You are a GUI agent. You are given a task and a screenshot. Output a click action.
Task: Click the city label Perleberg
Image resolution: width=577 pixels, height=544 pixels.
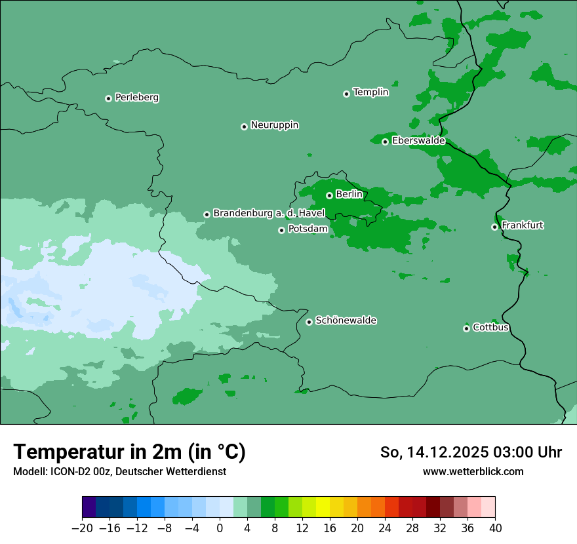click(136, 98)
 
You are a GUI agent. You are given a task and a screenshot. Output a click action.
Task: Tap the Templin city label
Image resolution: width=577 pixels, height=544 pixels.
click(370, 92)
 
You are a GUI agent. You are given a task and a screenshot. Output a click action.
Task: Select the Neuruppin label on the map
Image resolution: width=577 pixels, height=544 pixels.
click(274, 125)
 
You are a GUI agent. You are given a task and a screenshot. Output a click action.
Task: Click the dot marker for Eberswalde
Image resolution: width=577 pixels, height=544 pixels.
click(385, 142)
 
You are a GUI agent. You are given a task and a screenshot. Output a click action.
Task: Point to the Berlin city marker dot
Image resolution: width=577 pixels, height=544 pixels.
click(329, 195)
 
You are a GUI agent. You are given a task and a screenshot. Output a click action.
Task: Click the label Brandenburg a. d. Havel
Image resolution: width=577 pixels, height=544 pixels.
click(269, 214)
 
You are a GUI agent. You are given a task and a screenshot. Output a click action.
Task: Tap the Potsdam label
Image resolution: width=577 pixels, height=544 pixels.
click(308, 229)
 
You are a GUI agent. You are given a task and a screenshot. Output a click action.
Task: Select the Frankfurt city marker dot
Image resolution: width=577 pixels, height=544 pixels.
click(494, 227)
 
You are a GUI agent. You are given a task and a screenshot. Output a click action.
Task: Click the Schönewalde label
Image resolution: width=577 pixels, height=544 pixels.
click(346, 321)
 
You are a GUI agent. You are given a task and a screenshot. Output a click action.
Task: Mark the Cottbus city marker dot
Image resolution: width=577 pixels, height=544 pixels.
click(466, 328)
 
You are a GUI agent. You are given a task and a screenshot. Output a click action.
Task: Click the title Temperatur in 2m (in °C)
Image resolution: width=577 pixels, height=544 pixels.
click(129, 452)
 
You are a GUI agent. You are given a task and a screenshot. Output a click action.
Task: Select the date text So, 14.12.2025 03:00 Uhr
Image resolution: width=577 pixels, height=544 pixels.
click(471, 452)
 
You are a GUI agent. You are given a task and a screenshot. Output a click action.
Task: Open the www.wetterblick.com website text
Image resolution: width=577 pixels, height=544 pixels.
click(473, 471)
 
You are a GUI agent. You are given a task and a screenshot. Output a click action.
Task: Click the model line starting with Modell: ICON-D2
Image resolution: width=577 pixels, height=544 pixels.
click(119, 471)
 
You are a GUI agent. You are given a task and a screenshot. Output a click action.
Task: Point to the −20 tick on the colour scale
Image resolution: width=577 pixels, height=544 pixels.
click(82, 528)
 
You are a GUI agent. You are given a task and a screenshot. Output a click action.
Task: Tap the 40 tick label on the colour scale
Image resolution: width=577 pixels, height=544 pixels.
click(495, 528)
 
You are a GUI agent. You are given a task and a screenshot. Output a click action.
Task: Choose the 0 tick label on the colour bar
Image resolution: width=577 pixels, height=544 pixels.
click(220, 528)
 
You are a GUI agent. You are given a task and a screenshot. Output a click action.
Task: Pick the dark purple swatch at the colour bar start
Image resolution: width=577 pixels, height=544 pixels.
click(89, 507)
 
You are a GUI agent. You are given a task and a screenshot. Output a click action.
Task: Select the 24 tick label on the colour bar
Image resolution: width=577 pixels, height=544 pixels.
click(385, 528)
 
